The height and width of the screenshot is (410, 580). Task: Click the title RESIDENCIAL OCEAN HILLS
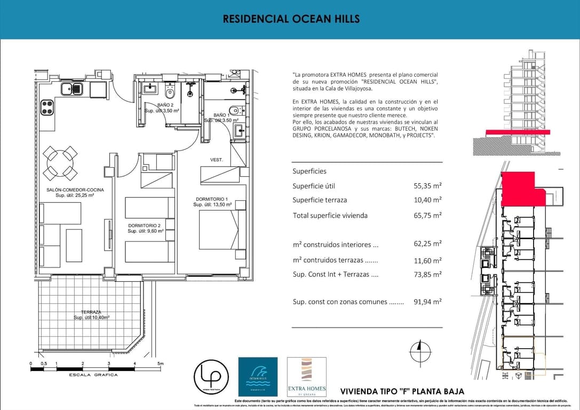pyautogui.click(x=291, y=19)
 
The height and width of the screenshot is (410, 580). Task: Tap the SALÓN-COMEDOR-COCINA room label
pyautogui.click(x=75, y=190)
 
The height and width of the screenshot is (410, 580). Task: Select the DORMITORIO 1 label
pyautogui.click(x=212, y=199)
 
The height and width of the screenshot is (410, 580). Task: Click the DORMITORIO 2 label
pyautogui.click(x=145, y=226)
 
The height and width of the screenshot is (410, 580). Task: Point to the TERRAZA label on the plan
pyautogui.click(x=91, y=312)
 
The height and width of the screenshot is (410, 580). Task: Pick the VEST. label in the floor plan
pyautogui.click(x=216, y=160)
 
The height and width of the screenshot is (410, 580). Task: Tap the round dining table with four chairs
pyautogui.click(x=60, y=163)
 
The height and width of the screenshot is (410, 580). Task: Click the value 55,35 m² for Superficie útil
pyautogui.click(x=427, y=186)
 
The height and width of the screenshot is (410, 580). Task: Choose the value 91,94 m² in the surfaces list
pyautogui.click(x=427, y=302)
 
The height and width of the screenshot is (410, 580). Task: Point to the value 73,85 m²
pyautogui.click(x=427, y=274)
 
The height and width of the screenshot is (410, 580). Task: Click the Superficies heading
pyautogui.click(x=309, y=171)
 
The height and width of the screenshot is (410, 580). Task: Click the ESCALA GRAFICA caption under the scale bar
pyautogui.click(x=93, y=375)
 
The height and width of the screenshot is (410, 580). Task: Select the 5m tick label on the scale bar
pyautogui.click(x=160, y=364)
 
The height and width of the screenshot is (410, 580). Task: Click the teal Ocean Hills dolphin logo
pyautogui.click(x=257, y=376)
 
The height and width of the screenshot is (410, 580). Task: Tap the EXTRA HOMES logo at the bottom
pyautogui.click(x=306, y=376)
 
